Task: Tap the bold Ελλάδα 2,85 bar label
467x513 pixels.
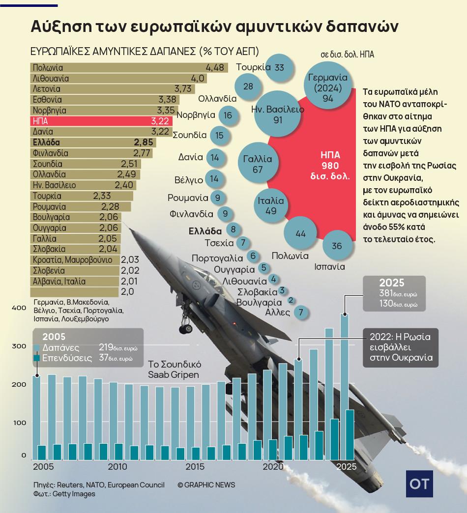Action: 93,142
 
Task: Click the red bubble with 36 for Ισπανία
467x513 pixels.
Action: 337,246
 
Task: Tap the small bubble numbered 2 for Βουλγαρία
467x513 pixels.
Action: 291,300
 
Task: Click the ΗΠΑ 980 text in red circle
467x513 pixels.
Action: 327,165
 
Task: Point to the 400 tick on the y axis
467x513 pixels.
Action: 18,308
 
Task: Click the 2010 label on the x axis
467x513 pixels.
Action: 117,466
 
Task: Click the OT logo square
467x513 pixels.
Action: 419,483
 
